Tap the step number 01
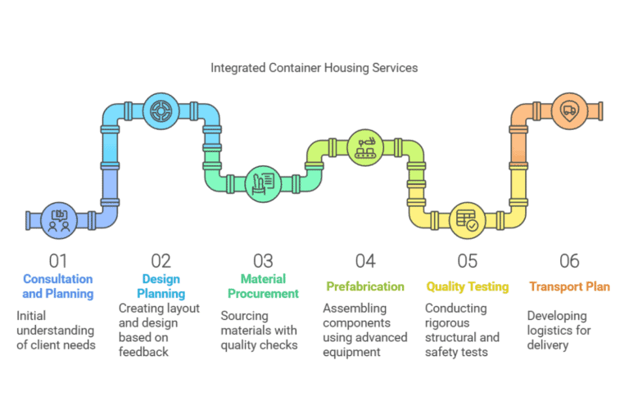58,261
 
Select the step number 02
161,261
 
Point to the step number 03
263,261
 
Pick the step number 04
365,261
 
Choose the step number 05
468,261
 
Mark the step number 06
569,261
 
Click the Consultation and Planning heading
58,286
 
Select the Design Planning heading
161,286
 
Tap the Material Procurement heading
263,286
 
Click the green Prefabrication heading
365,286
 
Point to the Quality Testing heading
468,286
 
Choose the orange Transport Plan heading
569,286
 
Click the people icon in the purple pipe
58,220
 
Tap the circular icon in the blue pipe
161,110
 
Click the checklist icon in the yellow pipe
468,220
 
